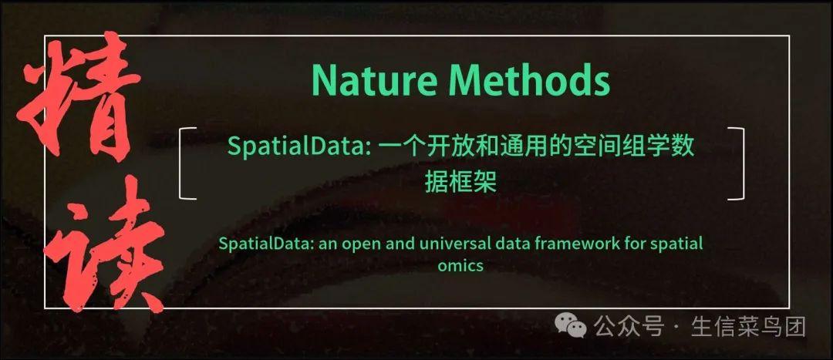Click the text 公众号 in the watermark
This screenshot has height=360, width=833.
pos(629,328)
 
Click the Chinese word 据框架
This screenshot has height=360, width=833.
pos(460,182)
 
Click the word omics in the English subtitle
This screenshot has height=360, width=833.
pos(460,266)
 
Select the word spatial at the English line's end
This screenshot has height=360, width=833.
pos(676,244)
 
